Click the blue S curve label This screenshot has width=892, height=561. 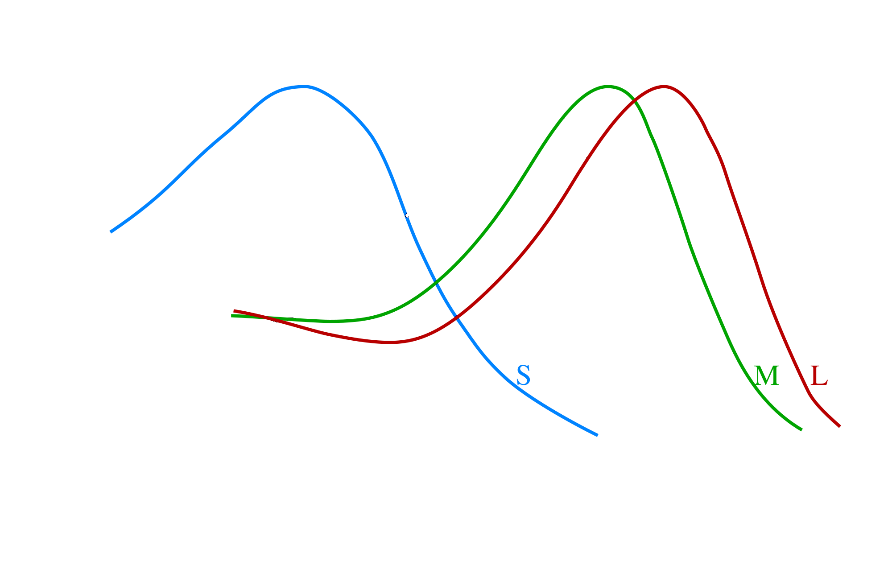[523, 375]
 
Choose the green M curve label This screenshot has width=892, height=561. [767, 375]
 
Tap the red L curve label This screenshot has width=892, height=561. [819, 375]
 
